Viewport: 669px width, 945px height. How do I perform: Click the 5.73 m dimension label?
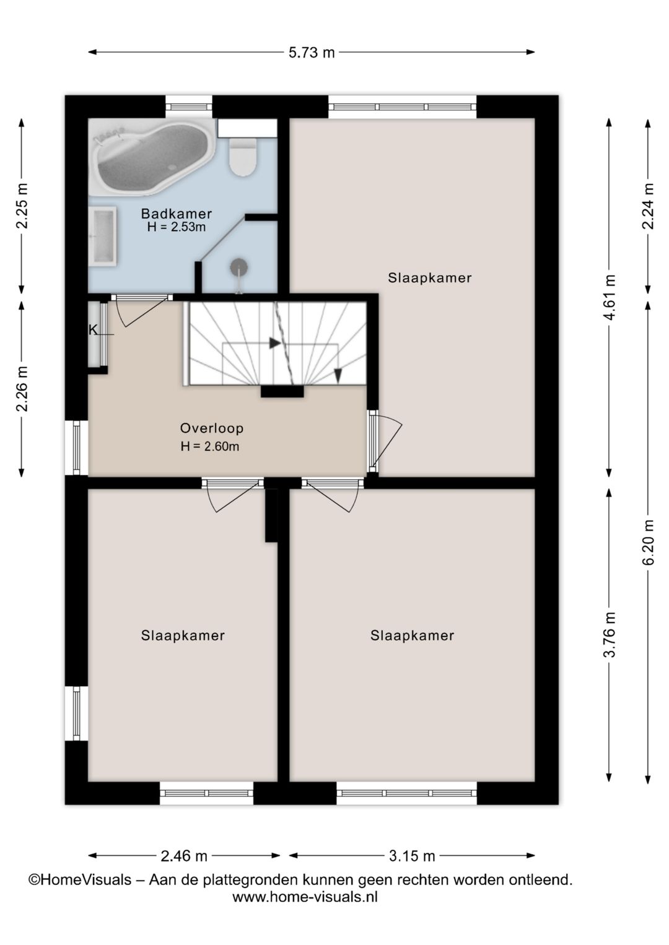pos(312,53)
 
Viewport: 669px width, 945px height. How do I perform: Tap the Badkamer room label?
pos(177,214)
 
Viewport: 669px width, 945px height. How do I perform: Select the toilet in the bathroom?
pos(242,157)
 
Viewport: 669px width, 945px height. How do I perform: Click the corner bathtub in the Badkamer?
pos(153,157)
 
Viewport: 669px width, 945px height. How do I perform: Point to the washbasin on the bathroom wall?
pos(103,236)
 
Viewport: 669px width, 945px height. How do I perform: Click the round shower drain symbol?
pos(239,267)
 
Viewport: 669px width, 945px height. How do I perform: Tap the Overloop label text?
pos(212,428)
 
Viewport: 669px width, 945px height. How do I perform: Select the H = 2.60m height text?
pos(210,446)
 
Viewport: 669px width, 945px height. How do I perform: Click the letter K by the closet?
pos(93,330)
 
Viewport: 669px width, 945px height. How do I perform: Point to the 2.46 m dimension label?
pos(184,856)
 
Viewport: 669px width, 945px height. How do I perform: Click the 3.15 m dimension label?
pos(411,856)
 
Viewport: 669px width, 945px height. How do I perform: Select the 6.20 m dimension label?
pos(649,542)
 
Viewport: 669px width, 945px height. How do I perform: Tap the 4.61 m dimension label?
pos(610,297)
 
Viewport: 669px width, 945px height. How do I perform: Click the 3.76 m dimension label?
pos(610,635)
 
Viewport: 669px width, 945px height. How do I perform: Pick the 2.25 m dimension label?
pos(22,206)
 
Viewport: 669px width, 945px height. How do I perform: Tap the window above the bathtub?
pos(189,107)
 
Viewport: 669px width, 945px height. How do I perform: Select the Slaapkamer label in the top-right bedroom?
pos(430,278)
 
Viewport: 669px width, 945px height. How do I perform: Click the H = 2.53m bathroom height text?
pos(177,227)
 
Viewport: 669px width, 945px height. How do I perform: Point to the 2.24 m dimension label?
pos(649,206)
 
